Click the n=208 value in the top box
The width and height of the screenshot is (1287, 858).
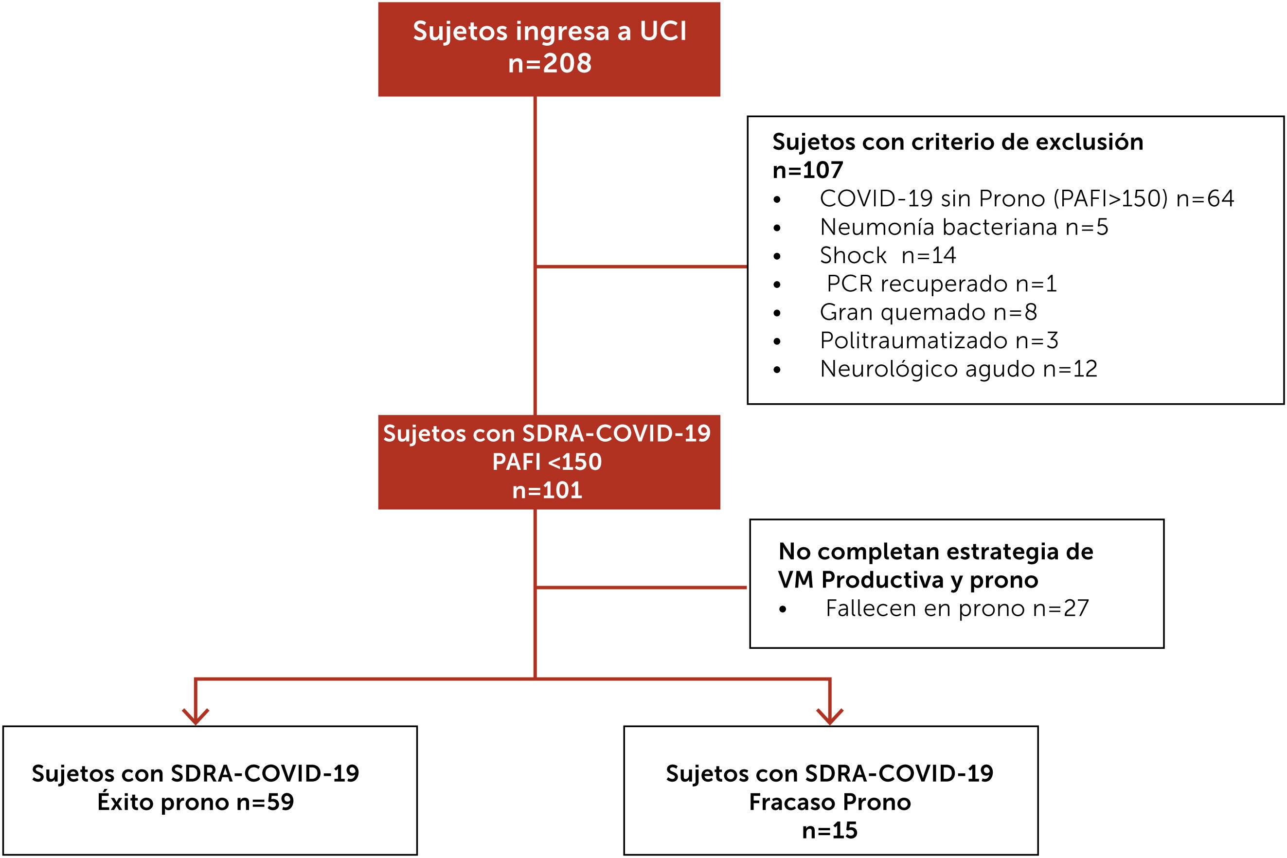[550, 63]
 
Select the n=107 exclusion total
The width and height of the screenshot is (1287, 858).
[807, 170]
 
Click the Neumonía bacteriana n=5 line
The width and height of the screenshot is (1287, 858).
[964, 227]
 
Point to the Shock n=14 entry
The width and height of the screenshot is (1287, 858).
[887, 255]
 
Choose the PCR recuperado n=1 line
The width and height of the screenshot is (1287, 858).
[941, 284]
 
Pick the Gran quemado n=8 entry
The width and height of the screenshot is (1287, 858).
[928, 312]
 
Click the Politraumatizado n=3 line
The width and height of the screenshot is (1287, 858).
[939, 341]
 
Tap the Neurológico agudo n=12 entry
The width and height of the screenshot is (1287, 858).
[958, 369]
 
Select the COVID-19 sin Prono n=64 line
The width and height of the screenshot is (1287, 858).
[1026, 198]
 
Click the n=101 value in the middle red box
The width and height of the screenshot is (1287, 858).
[547, 490]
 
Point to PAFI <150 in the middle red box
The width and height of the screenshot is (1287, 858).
[547, 462]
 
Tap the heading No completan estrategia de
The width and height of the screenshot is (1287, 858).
[936, 552]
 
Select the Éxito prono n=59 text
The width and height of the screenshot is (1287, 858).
[196, 802]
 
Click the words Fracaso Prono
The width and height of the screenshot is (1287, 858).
[830, 802]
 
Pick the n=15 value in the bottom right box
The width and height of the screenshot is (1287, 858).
[830, 831]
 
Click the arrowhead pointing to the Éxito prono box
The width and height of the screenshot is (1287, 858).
[196, 716]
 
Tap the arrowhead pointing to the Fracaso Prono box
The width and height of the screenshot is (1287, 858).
[830, 716]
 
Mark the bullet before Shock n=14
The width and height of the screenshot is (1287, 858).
[777, 256]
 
